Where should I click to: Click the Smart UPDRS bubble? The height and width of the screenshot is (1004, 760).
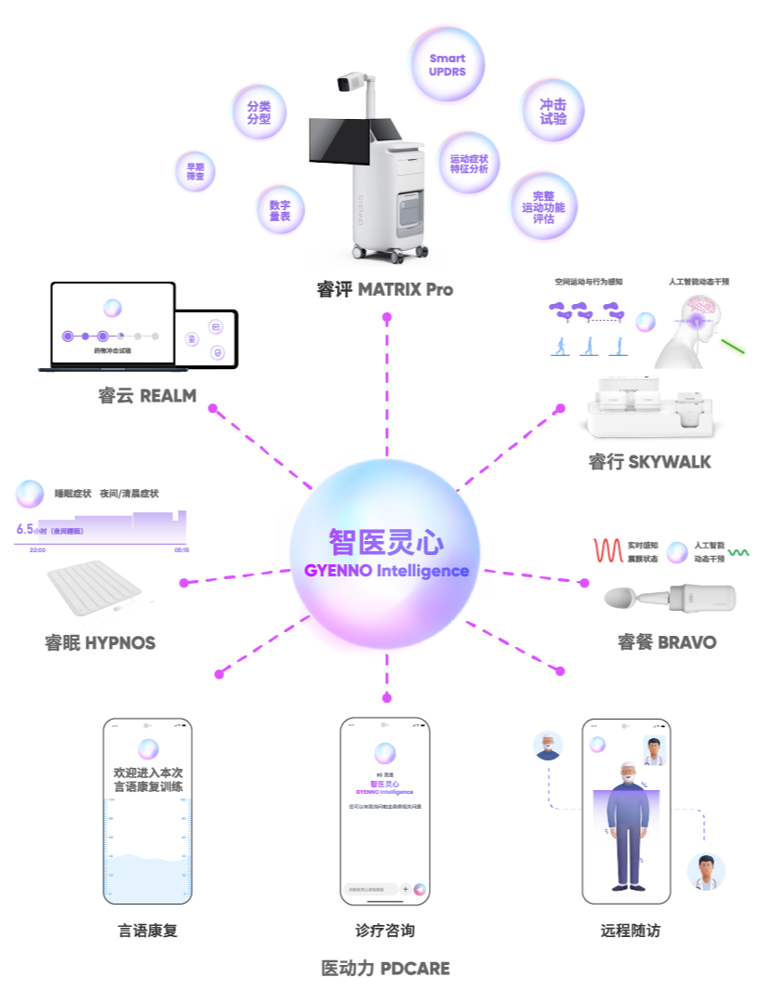[447, 64]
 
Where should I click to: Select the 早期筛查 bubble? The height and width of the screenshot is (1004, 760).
[195, 171]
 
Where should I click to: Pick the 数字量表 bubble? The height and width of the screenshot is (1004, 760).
[280, 209]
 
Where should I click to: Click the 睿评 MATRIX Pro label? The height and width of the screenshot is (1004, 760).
[384, 289]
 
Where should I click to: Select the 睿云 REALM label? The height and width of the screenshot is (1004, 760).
[147, 395]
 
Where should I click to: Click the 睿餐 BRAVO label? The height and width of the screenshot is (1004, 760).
[667, 641]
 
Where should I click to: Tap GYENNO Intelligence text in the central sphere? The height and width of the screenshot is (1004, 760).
[386, 570]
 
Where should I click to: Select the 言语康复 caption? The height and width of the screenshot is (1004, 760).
[148, 930]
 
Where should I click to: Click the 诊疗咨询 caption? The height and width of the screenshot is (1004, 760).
[384, 930]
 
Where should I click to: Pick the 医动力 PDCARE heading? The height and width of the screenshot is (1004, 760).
[384, 969]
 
